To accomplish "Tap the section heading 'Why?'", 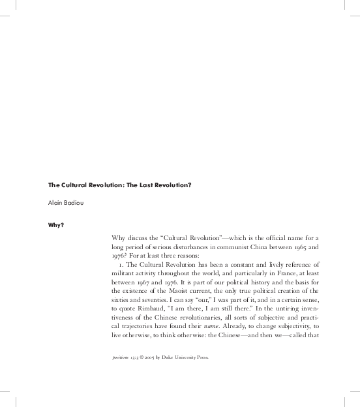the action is coord(56,226).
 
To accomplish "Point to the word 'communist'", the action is coord(252,249).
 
